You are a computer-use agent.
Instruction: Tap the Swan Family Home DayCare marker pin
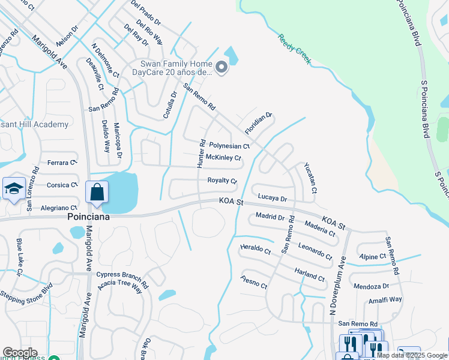pyautogui.click(x=221, y=68)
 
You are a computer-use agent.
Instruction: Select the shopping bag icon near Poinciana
pyautogui.click(x=97, y=193)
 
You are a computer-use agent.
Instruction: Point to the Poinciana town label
pyautogui.click(x=88, y=217)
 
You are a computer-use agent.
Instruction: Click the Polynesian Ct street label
pyautogui.click(x=229, y=146)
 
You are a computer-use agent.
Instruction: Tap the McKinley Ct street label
pyautogui.click(x=223, y=158)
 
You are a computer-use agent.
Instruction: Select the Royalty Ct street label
pyautogui.click(x=222, y=180)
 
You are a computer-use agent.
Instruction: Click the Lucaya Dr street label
pyautogui.click(x=273, y=197)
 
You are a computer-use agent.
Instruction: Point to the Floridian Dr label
pyautogui.click(x=259, y=123)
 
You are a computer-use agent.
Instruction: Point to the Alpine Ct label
pyautogui.click(x=373, y=256)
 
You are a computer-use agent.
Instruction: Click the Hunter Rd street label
pyautogui.click(x=202, y=154)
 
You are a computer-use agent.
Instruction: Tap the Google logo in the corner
pyautogui.click(x=20, y=353)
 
